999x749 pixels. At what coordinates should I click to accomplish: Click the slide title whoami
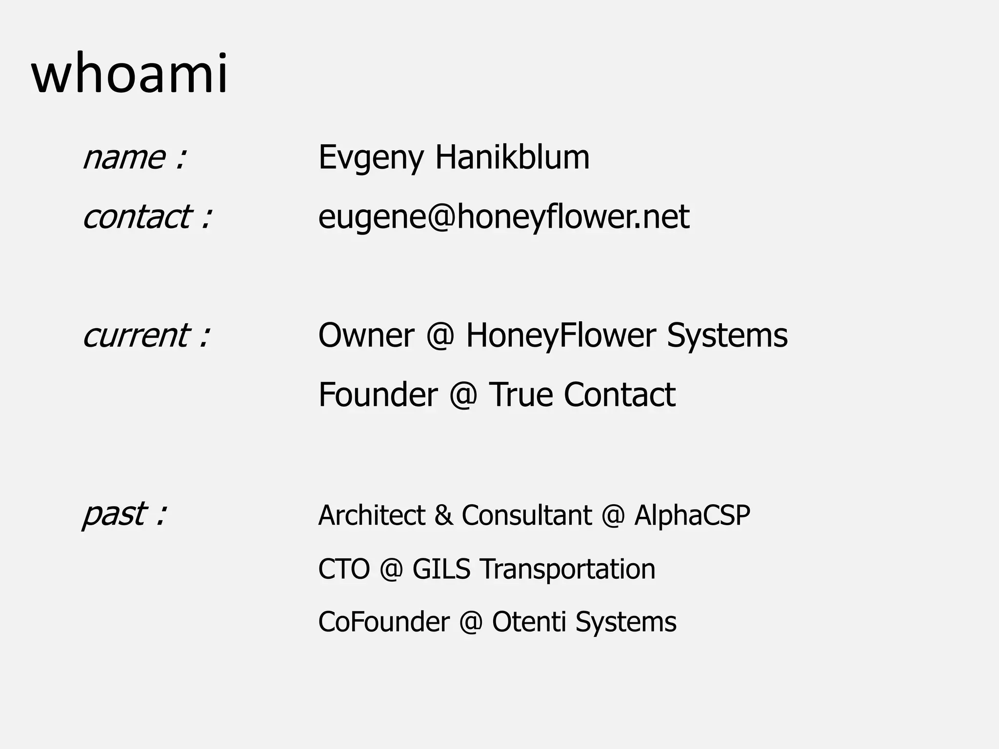click(x=129, y=74)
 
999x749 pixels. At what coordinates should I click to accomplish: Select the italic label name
click(x=124, y=158)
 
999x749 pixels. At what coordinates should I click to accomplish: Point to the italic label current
click(x=136, y=335)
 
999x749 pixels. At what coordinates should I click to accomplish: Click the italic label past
click(x=115, y=514)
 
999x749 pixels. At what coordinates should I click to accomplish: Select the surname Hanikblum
click(x=512, y=157)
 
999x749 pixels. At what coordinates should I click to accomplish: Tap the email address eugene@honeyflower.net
click(x=503, y=217)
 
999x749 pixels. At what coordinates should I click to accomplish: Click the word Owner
click(x=366, y=335)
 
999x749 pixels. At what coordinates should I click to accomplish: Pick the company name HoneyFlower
click(x=560, y=335)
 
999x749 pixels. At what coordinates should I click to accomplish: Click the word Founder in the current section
click(x=378, y=394)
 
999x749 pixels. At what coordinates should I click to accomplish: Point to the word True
click(x=520, y=394)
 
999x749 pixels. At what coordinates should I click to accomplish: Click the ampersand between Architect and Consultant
click(x=443, y=515)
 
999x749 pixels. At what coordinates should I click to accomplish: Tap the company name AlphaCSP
click(x=692, y=515)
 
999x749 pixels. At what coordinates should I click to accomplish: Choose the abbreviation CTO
click(x=344, y=569)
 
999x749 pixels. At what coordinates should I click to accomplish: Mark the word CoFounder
click(x=384, y=622)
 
